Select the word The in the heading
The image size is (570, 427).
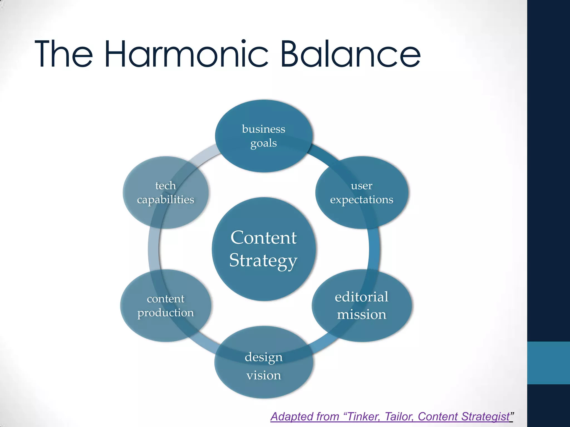64,54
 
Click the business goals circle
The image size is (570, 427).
264,136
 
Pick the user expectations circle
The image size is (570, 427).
362,192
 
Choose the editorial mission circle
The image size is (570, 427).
362,306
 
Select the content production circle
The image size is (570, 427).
166,306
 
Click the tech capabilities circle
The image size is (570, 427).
166,192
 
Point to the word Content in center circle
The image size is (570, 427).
264,238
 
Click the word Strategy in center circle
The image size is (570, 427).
263,261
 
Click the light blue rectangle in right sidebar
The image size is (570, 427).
548,363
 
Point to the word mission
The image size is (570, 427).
362,315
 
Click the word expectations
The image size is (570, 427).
362,200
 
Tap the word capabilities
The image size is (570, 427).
166,200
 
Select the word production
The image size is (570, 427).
166,313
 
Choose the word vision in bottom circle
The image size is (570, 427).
264,376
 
